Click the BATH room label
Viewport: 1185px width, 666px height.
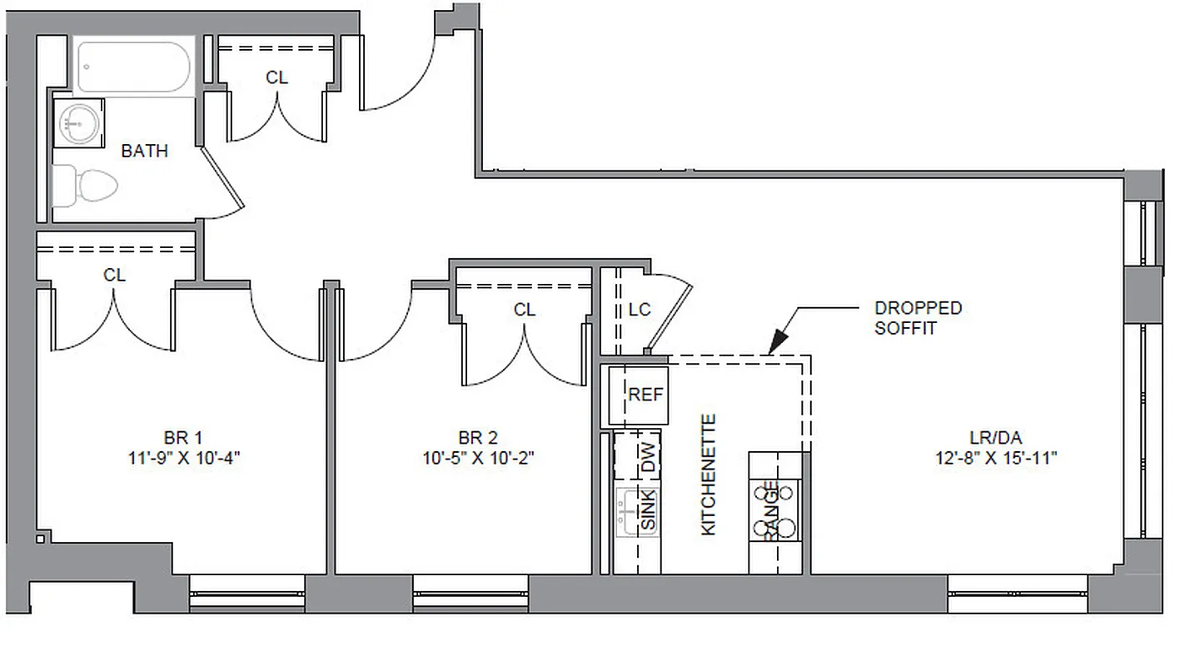(144, 151)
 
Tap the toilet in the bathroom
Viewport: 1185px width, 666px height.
(87, 185)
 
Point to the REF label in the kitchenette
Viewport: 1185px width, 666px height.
(645, 395)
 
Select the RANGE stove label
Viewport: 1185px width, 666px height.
(771, 511)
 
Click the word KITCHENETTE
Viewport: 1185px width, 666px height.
(709, 475)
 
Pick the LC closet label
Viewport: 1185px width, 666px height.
(640, 310)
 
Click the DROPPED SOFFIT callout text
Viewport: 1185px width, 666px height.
(918, 318)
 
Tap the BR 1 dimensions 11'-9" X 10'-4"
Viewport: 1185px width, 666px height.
(184, 457)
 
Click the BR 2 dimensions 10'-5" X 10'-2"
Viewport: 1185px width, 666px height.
(478, 457)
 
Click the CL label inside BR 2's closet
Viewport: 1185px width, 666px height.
(525, 311)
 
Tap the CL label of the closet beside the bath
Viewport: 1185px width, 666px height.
(277, 77)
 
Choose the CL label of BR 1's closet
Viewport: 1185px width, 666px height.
(115, 275)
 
